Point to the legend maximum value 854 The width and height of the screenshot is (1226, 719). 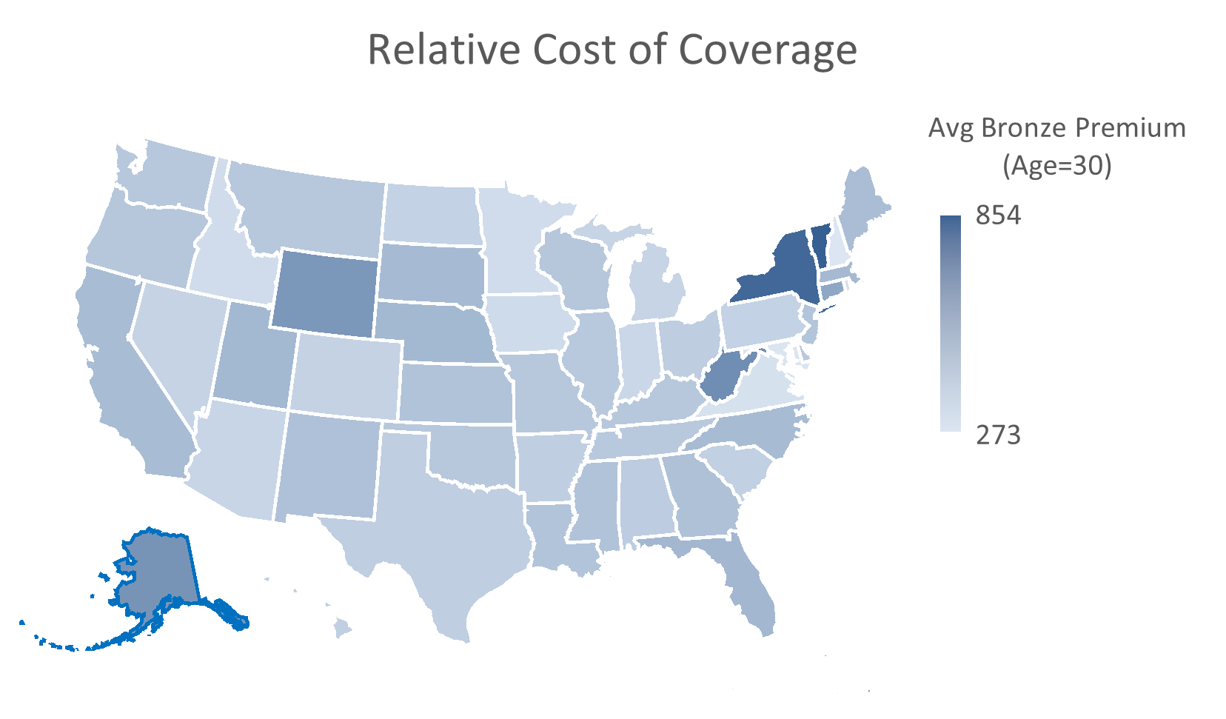[x=998, y=215]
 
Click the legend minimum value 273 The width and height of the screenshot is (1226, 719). [x=998, y=435]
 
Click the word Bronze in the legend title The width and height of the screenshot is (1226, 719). [x=1024, y=128]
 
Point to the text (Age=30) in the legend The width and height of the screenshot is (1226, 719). [x=1056, y=165]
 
